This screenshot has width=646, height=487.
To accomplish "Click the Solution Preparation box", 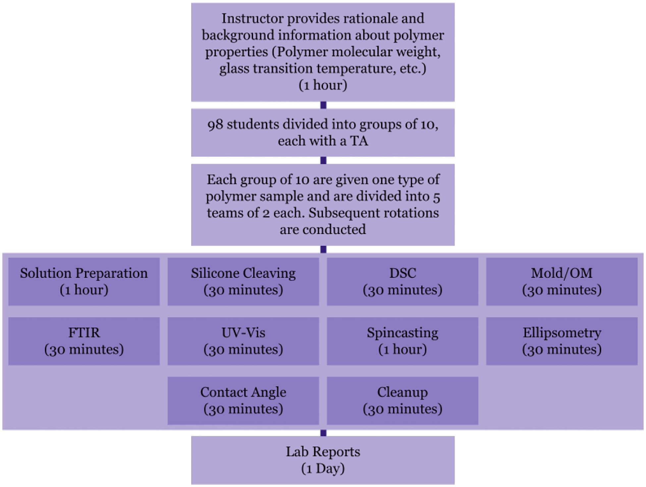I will (84, 281).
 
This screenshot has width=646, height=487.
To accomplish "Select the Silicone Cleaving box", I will (243, 281).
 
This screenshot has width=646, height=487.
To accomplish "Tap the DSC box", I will (403, 281).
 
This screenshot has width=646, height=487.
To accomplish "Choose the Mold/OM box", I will (562, 281).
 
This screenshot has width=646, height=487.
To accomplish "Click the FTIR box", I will (84, 341).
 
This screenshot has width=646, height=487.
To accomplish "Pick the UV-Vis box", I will (243, 341).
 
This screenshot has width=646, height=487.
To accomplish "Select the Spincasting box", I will (403, 341).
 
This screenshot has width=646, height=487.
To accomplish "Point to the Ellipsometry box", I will (562, 341).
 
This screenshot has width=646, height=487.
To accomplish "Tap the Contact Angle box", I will (243, 400).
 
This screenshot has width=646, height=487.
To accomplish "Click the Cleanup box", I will (403, 400).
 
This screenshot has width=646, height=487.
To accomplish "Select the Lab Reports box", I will (323, 460).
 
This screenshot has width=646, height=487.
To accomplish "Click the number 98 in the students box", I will (215, 125).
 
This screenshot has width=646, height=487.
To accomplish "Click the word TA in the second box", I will (359, 141).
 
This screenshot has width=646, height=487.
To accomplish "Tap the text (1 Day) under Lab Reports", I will (323, 468).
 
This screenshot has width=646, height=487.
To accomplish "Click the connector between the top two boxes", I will (323, 105).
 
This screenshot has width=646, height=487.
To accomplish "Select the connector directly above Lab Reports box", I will (323, 433).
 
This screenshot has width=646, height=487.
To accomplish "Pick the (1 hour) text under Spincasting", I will (403, 350).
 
